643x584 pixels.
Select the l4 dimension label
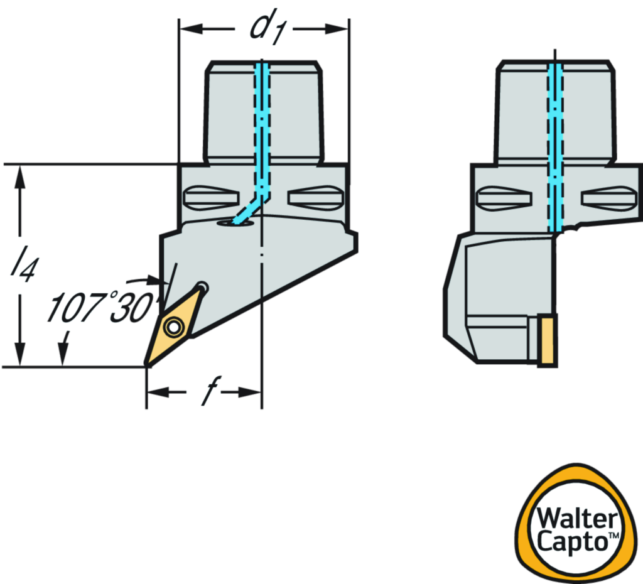tap(21, 264)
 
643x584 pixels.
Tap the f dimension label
tap(203, 392)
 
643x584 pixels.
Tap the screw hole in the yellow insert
tap(172, 326)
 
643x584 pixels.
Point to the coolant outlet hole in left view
tap(234, 222)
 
